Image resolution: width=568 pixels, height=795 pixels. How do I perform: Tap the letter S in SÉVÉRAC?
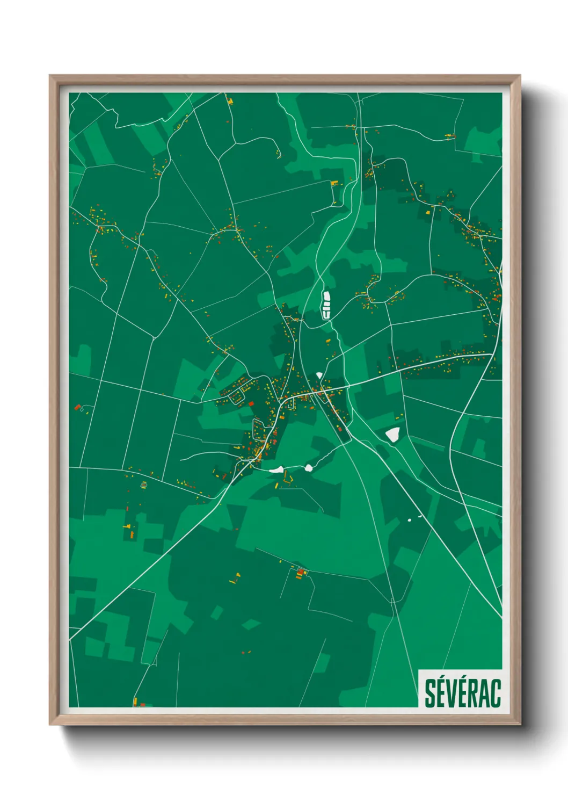(x=430, y=693)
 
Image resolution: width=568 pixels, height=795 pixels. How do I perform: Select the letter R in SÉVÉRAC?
(x=472, y=693)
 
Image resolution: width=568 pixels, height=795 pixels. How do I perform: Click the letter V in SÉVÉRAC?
(x=451, y=693)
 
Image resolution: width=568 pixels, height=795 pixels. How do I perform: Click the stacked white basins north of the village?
(x=326, y=305)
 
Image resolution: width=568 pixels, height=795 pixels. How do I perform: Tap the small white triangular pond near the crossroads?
(x=319, y=375)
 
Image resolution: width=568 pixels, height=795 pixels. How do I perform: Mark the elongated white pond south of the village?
(x=276, y=469)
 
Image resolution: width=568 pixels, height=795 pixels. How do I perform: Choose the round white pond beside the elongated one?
(x=309, y=468)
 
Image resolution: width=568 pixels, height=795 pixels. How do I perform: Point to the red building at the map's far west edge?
(x=77, y=407)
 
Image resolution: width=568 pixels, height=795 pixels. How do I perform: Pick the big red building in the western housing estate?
(x=251, y=403)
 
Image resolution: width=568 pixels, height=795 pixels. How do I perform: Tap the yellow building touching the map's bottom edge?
(x=135, y=702)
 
